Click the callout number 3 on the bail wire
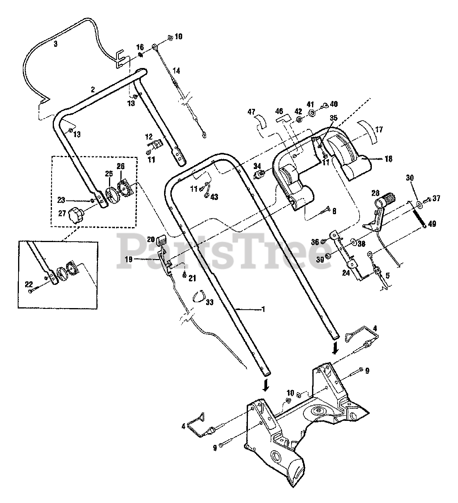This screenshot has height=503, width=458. click(55, 44)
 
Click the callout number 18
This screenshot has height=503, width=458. click(389, 159)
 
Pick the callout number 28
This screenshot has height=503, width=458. click(375, 193)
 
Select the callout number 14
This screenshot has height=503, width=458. click(176, 71)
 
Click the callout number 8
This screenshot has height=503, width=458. click(334, 211)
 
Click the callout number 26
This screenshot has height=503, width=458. click(120, 166)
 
